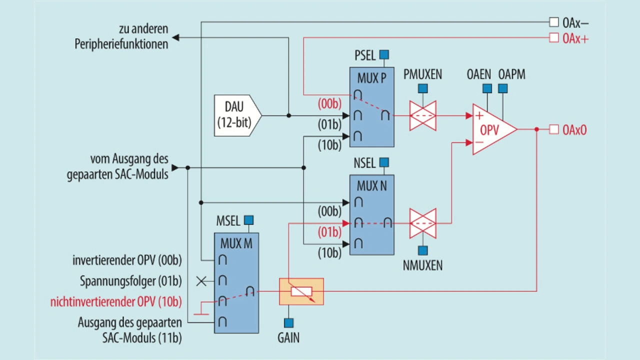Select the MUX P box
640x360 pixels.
[x=371, y=107]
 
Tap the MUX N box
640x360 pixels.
[x=371, y=215]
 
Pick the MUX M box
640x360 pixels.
[x=236, y=283]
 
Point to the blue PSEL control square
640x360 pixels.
[x=384, y=54]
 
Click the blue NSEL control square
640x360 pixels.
[x=384, y=162]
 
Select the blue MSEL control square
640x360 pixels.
[x=248, y=220]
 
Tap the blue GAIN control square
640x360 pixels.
[x=288, y=323]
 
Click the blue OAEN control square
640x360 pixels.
[x=487, y=88]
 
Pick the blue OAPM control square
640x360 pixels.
[x=503, y=88]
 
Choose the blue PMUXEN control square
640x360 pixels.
[x=423, y=88]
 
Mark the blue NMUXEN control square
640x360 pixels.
[x=423, y=250]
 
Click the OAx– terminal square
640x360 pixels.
[x=553, y=22]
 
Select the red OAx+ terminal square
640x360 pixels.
[x=553, y=37]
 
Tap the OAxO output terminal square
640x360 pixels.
[x=553, y=129]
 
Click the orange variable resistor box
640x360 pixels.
[x=301, y=291]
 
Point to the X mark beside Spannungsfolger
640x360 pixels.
[x=201, y=281]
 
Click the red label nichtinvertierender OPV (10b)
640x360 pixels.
[x=115, y=302]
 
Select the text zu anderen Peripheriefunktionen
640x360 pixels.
[x=121, y=36]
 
